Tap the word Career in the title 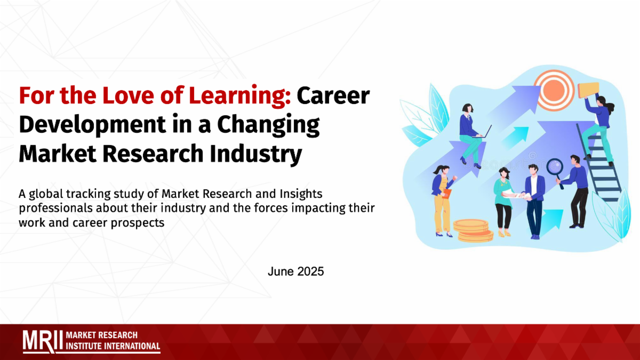333,96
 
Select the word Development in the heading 92,125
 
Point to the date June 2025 295,271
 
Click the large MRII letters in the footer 43,341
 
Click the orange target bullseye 554,90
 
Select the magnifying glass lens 555,167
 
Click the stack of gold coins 473,230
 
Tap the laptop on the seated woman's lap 483,132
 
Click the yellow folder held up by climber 588,90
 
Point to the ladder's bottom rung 610,199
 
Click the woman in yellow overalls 443,201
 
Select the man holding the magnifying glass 575,191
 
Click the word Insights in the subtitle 301,194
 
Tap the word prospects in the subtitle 138,223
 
